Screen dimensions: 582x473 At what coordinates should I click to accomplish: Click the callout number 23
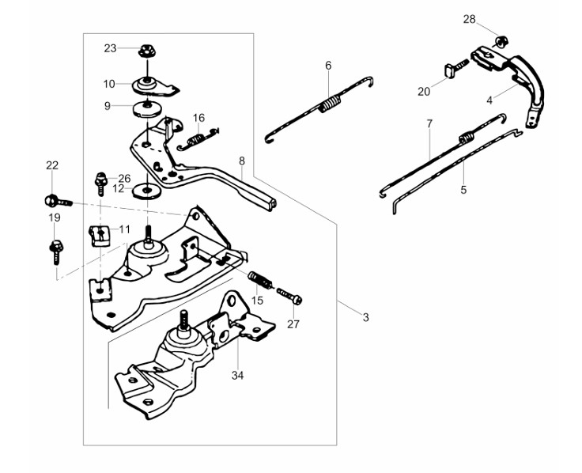click(110, 48)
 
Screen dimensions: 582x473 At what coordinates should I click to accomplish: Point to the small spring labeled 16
click(198, 139)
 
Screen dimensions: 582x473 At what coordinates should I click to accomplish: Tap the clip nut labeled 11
click(100, 236)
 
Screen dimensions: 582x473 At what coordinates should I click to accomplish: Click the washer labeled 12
click(147, 191)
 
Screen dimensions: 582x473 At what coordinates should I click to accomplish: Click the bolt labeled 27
click(289, 295)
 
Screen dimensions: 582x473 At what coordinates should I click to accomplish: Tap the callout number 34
click(237, 376)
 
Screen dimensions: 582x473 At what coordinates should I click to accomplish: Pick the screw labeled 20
click(455, 69)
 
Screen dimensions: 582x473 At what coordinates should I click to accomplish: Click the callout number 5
click(463, 190)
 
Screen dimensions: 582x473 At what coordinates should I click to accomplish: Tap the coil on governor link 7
click(467, 138)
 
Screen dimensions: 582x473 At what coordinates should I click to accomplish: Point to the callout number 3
click(366, 317)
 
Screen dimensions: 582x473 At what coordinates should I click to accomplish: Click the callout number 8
click(242, 161)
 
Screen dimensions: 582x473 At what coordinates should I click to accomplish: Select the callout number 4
click(489, 100)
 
